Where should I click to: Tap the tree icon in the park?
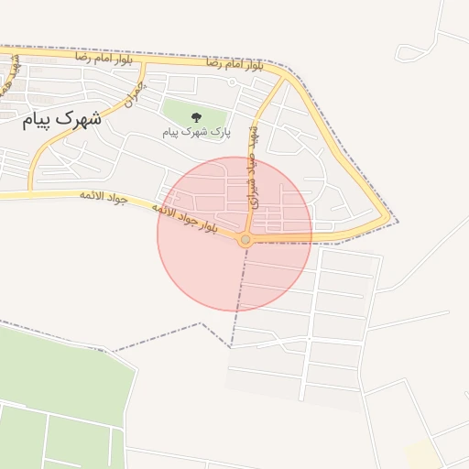click(195, 116)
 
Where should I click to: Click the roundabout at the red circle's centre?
click(245, 239)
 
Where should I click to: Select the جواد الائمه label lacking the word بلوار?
click(100, 195)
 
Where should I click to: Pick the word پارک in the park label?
click(220, 133)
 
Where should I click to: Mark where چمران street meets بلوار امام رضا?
click(145, 64)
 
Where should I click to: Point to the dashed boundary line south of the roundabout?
click(239, 293)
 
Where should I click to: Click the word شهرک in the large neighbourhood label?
click(80, 119)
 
